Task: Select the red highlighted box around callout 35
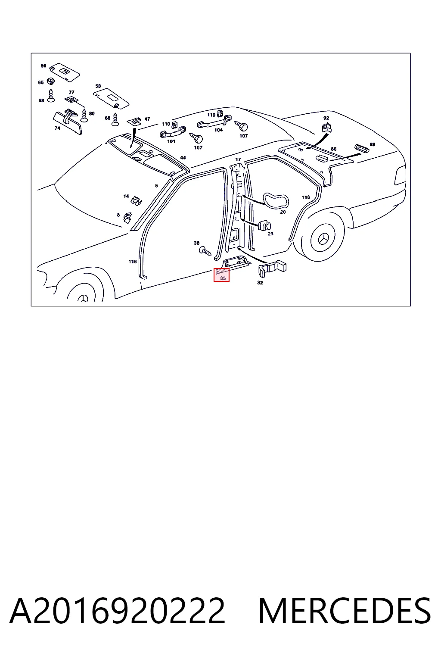(x=221, y=275)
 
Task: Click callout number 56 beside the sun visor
(x=43, y=66)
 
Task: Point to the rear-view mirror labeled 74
(x=67, y=121)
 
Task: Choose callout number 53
(x=98, y=86)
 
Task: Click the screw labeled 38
(x=205, y=252)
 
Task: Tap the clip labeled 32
(x=272, y=269)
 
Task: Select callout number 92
(x=326, y=118)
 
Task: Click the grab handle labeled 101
(x=173, y=132)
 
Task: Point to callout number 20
(x=283, y=212)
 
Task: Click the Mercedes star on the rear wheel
(x=324, y=239)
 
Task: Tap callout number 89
(x=373, y=144)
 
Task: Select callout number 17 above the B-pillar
(x=238, y=159)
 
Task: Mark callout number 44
(x=183, y=157)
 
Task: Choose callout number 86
(x=333, y=149)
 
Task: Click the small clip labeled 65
(x=51, y=81)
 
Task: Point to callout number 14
(x=126, y=196)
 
